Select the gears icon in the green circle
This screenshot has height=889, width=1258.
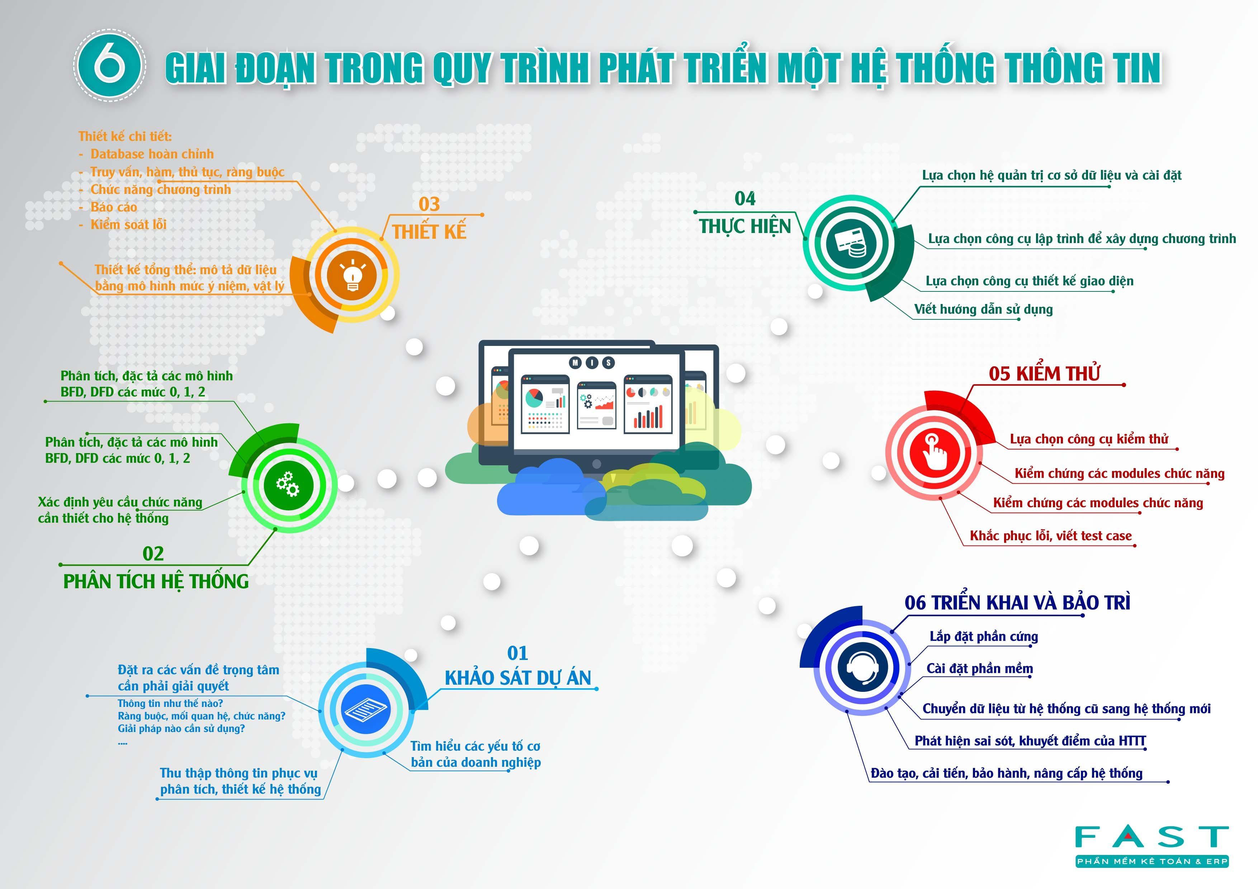click(x=288, y=484)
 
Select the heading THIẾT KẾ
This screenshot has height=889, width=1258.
click(x=429, y=232)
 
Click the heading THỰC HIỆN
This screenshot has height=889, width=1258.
click(x=744, y=226)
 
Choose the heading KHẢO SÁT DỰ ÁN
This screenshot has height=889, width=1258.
click(x=518, y=678)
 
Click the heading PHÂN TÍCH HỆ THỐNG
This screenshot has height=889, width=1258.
click(x=156, y=581)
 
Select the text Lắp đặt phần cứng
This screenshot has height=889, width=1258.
click(x=984, y=637)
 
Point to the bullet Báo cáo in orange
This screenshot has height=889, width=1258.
click(x=113, y=207)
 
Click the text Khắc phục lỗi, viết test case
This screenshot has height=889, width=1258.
click(x=1050, y=536)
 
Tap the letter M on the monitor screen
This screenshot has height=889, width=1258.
click(x=575, y=362)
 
